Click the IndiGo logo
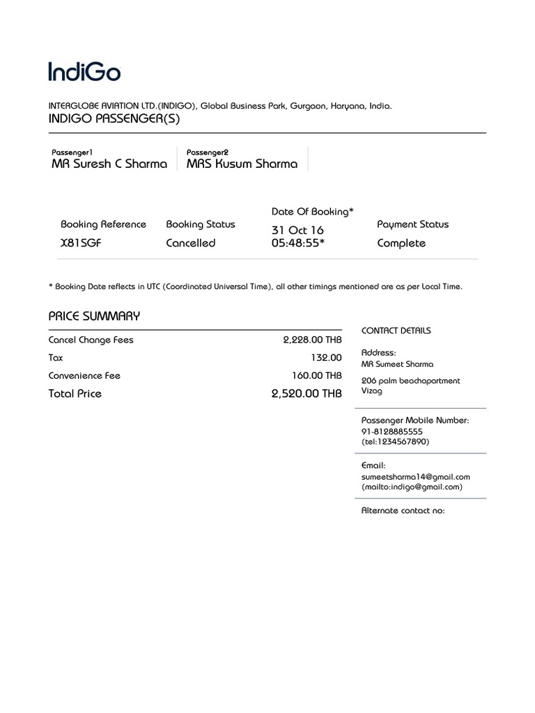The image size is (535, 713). (84, 71)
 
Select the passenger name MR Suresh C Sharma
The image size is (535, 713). (109, 164)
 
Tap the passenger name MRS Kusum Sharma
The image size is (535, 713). (242, 164)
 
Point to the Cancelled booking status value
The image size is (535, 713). (191, 243)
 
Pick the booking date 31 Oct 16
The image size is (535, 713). (297, 230)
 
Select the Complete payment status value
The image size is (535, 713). (401, 243)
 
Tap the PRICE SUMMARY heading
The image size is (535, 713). (94, 316)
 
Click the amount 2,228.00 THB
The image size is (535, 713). (312, 340)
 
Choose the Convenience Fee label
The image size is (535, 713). (84, 375)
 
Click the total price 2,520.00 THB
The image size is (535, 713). (307, 393)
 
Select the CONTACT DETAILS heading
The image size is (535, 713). (396, 331)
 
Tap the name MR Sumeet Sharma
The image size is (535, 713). (397, 364)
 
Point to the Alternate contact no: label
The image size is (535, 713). (403, 510)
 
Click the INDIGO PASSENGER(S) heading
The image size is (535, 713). (114, 119)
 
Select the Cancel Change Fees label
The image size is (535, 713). (91, 340)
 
